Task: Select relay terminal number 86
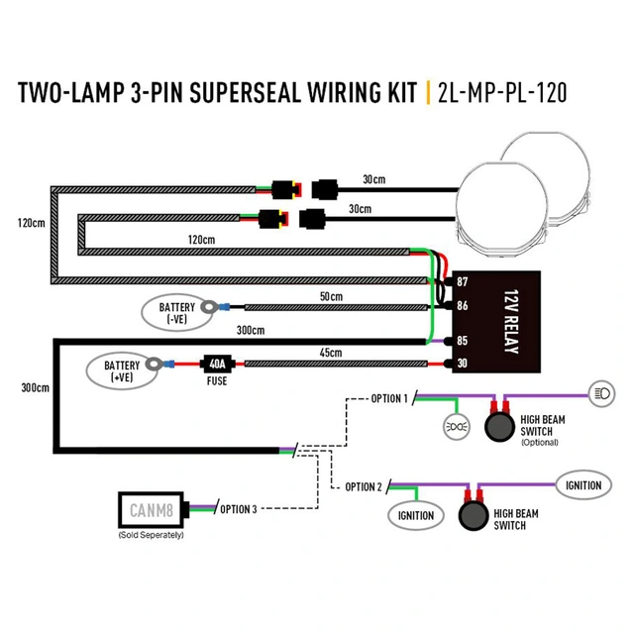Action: pyautogui.click(x=462, y=307)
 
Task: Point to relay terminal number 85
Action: pyautogui.click(x=462, y=342)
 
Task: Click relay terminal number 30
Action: pyautogui.click(x=462, y=365)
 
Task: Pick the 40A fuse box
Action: pyautogui.click(x=217, y=365)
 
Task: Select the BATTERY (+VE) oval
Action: pyautogui.click(x=123, y=371)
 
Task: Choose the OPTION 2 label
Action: pyautogui.click(x=364, y=486)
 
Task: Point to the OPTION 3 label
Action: pyautogui.click(x=238, y=509)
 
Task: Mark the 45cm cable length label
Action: pyautogui.click(x=330, y=354)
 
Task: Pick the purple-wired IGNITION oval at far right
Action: pyautogui.click(x=583, y=485)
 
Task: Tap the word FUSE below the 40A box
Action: pyautogui.click(x=217, y=380)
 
